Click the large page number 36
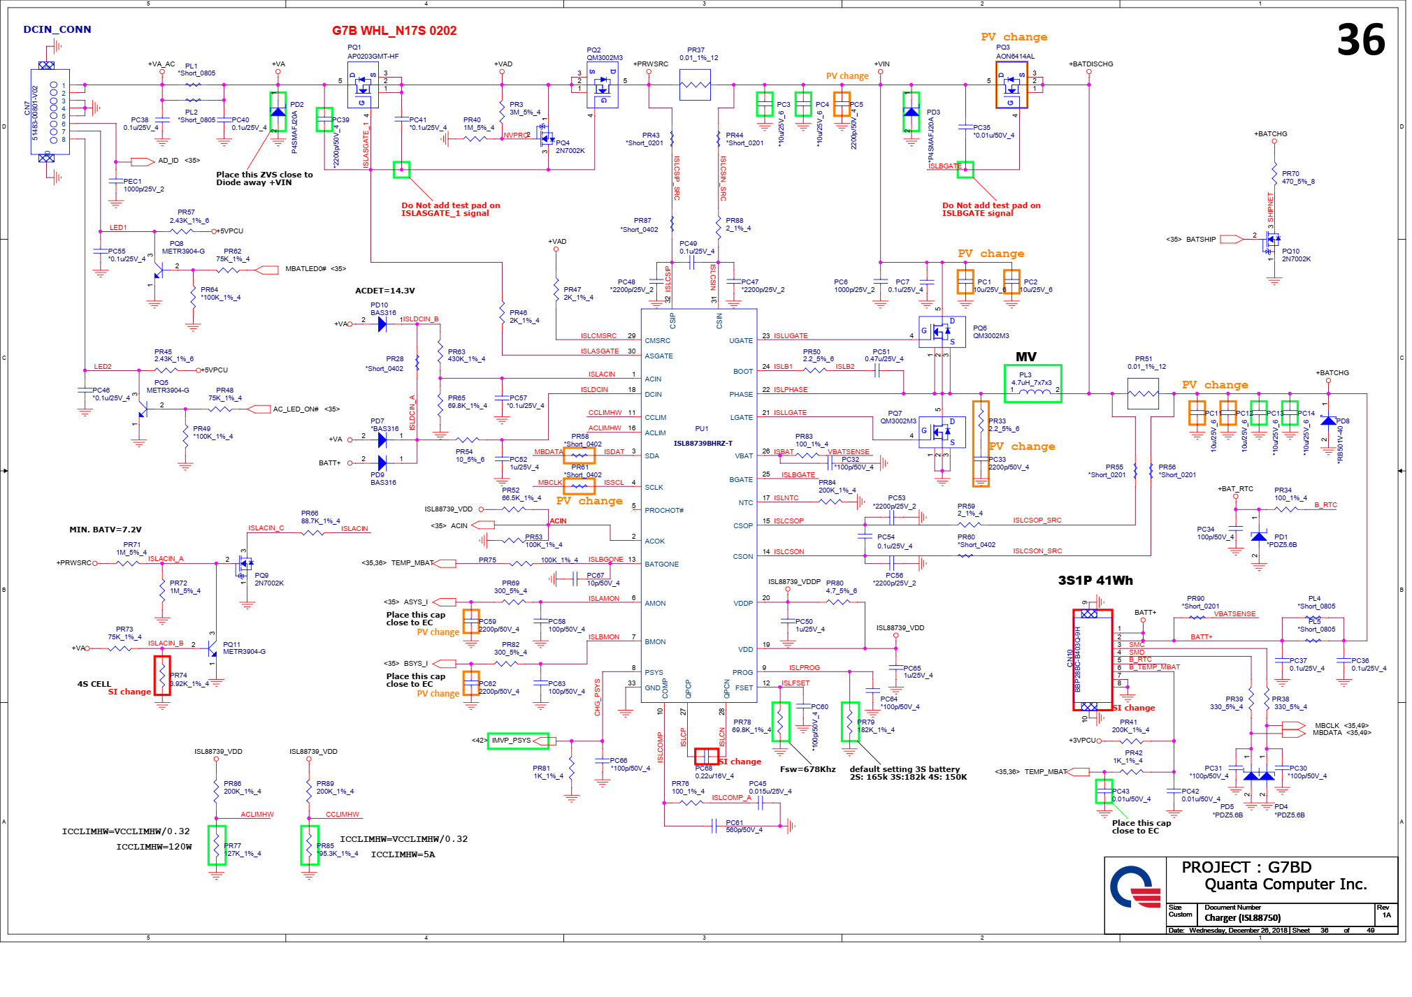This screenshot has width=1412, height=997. pos(1360,41)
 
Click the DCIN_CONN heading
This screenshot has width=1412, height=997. pos(57,29)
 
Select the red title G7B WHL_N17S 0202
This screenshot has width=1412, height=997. pos(394,31)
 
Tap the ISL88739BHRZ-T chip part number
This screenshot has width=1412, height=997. pos(702,443)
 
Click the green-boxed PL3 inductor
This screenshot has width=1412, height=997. pos(1032,384)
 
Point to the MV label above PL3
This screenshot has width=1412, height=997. pos(1025,357)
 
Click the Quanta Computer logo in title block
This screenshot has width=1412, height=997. pos(1134,887)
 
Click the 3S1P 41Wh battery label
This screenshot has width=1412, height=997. pos(1095,581)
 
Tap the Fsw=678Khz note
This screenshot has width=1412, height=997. pos(807,769)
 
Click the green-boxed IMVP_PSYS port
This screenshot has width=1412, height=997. pos(517,741)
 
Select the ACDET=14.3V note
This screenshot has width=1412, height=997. pos(384,291)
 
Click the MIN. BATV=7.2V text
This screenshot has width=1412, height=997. pos(105,530)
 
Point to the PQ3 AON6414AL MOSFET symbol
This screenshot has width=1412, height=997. pos(1011,85)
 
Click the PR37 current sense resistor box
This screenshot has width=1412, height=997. pos(695,85)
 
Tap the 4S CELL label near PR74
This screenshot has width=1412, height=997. pos(94,684)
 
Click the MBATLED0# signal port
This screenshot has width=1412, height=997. pos(305,269)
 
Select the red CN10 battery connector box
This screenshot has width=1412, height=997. pos(1092,660)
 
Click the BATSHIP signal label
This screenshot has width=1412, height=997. pos(1200,240)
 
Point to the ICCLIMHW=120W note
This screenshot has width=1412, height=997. pos(154,847)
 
